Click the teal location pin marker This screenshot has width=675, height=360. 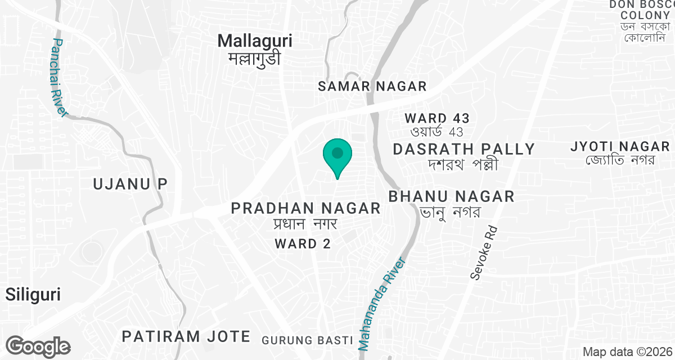(x=337, y=155)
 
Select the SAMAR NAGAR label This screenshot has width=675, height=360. (x=372, y=86)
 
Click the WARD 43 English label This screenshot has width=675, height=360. (x=437, y=118)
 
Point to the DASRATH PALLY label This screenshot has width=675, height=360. (x=464, y=149)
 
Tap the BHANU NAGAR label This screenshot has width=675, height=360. (x=452, y=196)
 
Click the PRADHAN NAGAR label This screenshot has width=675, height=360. (x=307, y=209)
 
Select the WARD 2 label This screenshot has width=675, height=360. (x=301, y=244)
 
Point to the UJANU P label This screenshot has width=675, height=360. (x=130, y=183)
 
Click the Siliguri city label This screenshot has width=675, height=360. (x=33, y=294)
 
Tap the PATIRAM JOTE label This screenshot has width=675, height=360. (x=186, y=336)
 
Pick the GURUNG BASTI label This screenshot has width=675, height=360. (x=307, y=340)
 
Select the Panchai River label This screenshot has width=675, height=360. (x=58, y=78)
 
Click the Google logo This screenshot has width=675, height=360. (x=38, y=346)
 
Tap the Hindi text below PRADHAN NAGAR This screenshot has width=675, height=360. (x=303, y=224)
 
